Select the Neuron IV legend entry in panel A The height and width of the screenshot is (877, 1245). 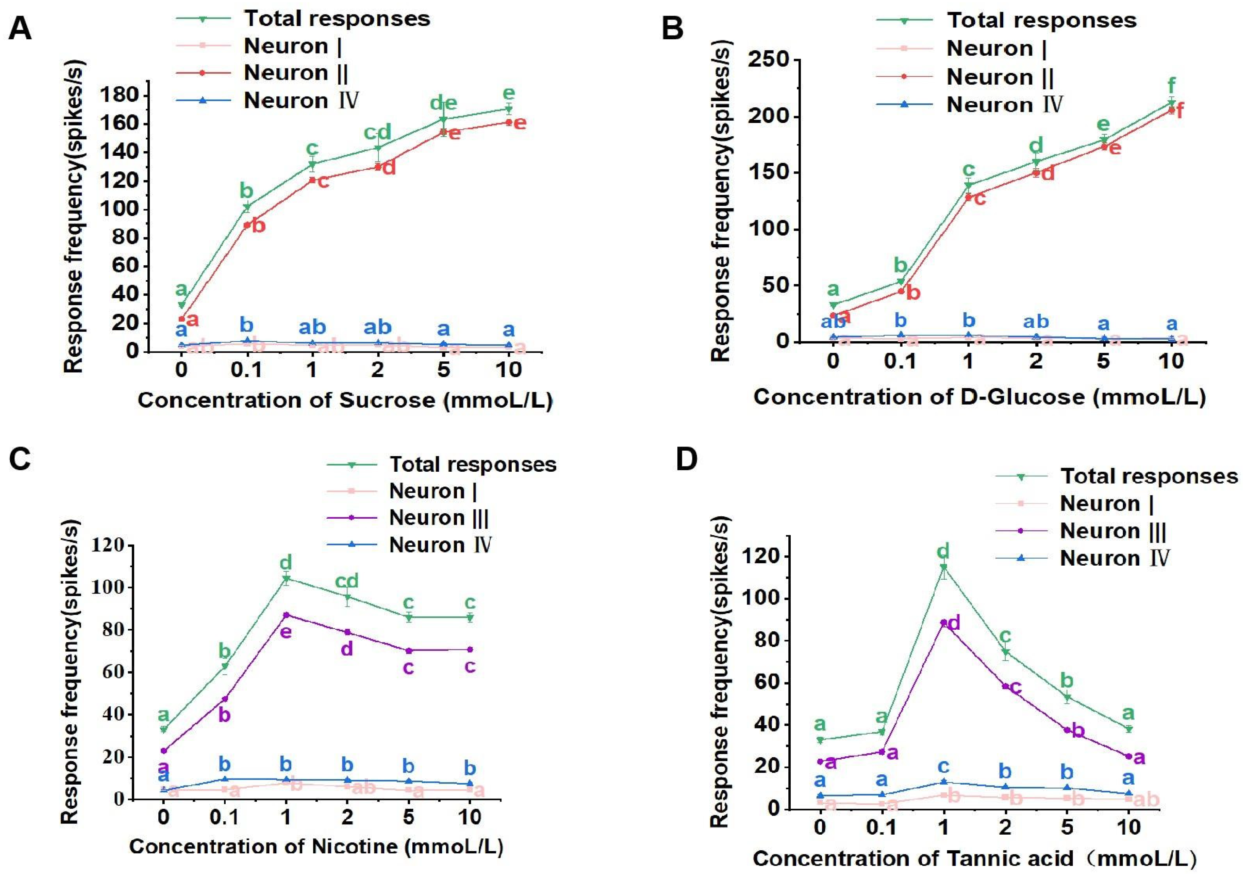pos(301,101)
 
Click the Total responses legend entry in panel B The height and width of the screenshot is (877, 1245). pos(1041,21)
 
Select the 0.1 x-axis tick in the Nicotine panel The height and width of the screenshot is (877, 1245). pos(224,816)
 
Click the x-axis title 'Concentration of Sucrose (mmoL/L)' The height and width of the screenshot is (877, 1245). pos(345,401)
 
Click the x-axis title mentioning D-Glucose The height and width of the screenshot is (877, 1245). pos(979,397)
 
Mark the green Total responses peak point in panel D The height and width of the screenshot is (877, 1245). pos(944,567)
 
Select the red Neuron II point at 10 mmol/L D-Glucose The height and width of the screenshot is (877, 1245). pos(1171,110)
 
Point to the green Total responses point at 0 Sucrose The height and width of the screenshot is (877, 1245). pos(182,305)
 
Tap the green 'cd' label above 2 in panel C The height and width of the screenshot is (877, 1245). pos(347,581)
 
